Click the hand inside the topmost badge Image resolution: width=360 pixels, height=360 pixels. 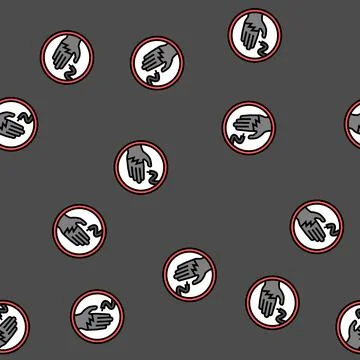tap(252, 30)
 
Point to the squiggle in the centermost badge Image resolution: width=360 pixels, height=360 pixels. tap(150, 178)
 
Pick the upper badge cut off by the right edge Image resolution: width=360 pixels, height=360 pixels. tap(353, 124)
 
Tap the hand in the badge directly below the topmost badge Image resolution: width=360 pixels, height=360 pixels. tap(246, 125)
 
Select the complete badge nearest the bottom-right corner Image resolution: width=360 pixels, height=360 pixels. tap(272, 302)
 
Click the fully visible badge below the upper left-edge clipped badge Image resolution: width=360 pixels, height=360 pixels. tap(78, 230)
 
